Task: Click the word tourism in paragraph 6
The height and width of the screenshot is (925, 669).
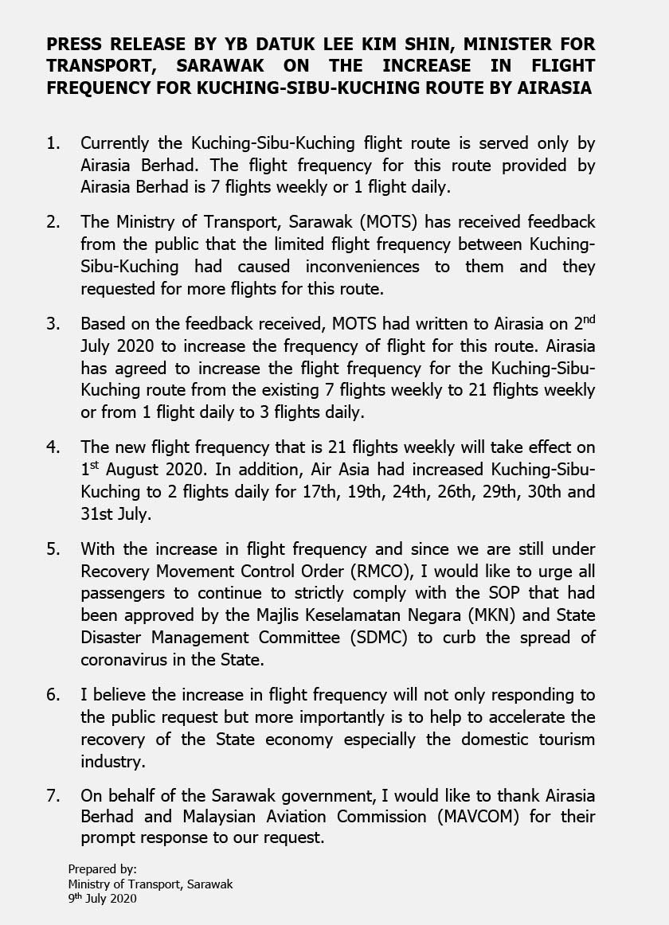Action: point(566,740)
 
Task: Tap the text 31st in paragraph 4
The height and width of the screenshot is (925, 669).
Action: point(98,514)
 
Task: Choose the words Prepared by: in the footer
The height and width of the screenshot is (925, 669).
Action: point(102,868)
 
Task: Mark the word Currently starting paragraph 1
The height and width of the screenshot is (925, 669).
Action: point(119,143)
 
